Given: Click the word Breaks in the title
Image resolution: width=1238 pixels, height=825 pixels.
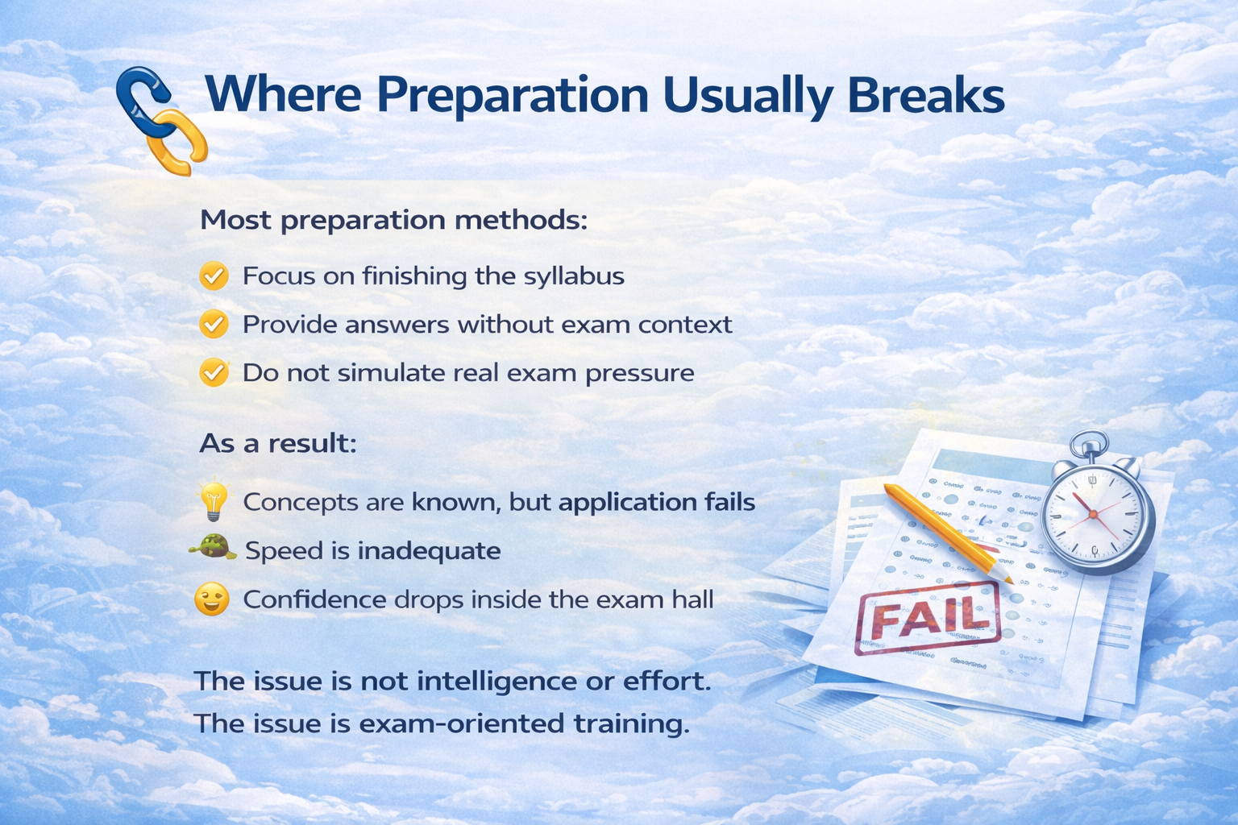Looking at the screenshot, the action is coord(926,95).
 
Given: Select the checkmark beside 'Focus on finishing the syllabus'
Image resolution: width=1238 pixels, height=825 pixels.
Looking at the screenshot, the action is coord(214,276).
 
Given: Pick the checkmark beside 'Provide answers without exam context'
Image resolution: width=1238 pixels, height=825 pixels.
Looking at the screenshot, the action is coord(214,324).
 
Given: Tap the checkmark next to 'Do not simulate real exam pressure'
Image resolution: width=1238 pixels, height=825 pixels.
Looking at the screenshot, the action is coord(214,372).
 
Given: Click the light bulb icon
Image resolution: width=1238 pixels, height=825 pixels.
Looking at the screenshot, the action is coord(214,500).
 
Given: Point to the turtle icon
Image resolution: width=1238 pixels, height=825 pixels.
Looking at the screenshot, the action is coord(213,549).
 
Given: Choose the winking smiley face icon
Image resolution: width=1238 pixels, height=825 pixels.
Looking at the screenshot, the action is coord(212,599).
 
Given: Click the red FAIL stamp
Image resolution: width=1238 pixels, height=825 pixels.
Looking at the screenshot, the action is coord(928,618).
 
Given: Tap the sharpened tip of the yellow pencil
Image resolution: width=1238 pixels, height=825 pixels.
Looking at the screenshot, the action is coord(1011,582).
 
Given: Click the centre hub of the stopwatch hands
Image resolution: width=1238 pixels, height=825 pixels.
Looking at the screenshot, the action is coord(1093,515).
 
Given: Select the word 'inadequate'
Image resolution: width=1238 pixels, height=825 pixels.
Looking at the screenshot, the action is coord(429,551).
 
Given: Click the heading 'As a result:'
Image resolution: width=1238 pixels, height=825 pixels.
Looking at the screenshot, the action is coord(278,443).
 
